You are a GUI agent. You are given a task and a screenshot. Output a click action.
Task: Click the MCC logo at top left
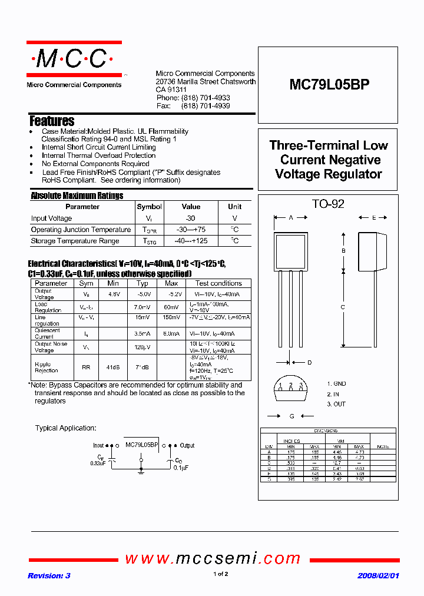(73, 59)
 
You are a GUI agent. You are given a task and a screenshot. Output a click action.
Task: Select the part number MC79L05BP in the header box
(329, 85)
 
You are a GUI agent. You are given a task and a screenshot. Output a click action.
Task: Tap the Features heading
(52, 121)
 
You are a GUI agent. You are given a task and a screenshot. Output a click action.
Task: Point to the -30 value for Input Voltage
(191, 218)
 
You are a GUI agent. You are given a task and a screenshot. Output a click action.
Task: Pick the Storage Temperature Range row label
(75, 241)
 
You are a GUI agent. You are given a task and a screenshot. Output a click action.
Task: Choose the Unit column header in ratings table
(234, 207)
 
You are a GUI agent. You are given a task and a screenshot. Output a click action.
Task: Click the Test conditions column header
(218, 283)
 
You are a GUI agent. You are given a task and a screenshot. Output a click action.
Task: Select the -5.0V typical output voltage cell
(142, 294)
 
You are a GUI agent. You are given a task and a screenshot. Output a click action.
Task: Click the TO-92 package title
(328, 204)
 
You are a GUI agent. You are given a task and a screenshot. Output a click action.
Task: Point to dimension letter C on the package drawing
(343, 307)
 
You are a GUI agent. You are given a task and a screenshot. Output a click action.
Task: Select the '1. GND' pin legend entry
(337, 383)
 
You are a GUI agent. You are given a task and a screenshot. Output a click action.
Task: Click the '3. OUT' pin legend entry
(337, 404)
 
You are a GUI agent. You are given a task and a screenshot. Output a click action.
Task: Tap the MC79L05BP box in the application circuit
(141, 446)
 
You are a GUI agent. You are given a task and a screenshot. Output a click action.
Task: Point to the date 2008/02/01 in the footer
(378, 575)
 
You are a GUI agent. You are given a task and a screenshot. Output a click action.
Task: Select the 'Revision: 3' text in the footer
(49, 575)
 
